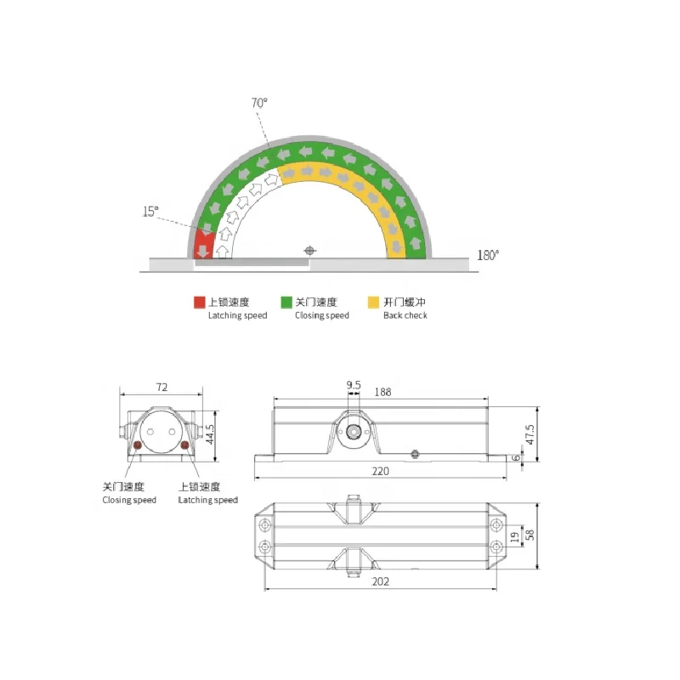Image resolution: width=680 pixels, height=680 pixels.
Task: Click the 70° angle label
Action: click(259, 102)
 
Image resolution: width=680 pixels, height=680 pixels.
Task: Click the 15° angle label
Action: click(150, 212)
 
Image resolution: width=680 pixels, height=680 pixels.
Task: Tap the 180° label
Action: click(488, 254)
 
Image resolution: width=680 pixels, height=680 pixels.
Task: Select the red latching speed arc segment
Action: click(204, 244)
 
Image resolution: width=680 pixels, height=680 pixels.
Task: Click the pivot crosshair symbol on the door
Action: click(309, 251)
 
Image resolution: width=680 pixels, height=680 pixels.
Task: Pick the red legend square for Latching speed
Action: click(199, 302)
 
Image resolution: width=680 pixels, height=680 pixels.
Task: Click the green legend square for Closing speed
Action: click(286, 302)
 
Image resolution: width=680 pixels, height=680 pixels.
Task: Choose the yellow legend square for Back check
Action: click(374, 302)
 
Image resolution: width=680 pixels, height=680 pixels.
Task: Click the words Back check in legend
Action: click(405, 315)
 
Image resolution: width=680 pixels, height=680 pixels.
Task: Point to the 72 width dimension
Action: click(161, 387)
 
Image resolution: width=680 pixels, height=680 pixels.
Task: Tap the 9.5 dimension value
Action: click(354, 385)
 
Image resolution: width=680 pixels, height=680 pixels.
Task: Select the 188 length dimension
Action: click(382, 392)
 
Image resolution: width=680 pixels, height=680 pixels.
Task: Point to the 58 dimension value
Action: click(531, 535)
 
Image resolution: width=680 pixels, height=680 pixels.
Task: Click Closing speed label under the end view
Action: click(129, 501)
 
